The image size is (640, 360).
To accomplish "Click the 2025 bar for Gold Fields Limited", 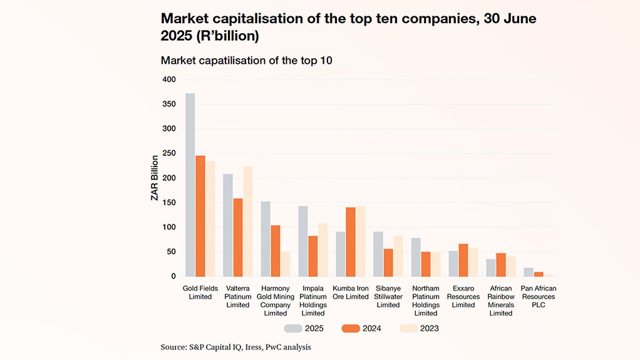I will (190, 185).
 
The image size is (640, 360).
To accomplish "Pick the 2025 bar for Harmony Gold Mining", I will (266, 239).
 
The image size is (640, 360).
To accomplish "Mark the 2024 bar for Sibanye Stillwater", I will (388, 262).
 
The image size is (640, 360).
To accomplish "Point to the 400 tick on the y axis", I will (169, 80).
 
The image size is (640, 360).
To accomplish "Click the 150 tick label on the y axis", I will (169, 203).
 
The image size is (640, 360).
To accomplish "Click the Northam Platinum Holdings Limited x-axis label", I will (426, 301).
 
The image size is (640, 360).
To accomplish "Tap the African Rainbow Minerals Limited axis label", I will (501, 301).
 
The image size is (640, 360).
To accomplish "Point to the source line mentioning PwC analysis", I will (236, 346).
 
